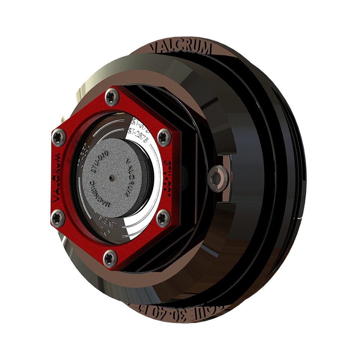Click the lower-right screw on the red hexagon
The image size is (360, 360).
point(162,217)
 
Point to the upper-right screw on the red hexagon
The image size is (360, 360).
point(163,136)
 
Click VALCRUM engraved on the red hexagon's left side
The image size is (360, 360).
point(57,176)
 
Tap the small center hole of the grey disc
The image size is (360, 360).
point(113,176)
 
